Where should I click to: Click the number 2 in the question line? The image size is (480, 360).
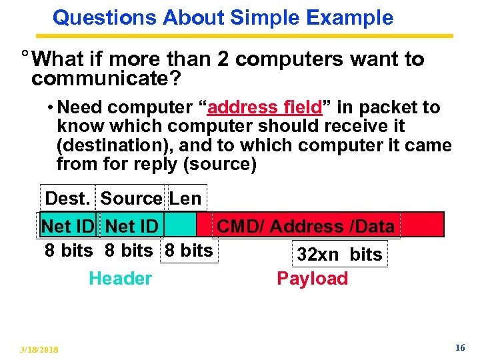[x=222, y=59]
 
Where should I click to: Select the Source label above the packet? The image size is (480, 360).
[x=131, y=198]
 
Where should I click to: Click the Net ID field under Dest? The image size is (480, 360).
[x=67, y=227]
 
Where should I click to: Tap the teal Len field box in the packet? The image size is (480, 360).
[x=181, y=225]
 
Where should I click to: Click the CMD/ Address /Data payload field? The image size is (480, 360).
[x=306, y=227]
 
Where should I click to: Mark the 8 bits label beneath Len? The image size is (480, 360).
[x=188, y=251]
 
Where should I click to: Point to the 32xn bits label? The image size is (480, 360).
[x=339, y=254]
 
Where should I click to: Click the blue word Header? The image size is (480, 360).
[x=120, y=278]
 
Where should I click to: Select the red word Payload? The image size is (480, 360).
[x=312, y=278]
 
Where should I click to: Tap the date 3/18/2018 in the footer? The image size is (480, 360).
[x=39, y=349]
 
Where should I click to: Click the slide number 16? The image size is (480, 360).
[x=459, y=348]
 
